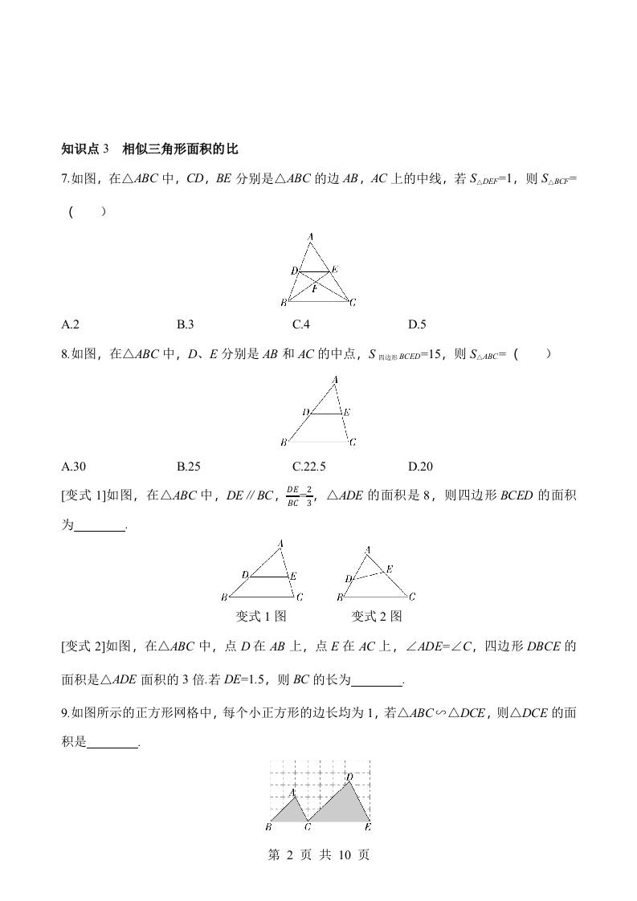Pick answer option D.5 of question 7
417,324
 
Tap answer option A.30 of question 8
73,467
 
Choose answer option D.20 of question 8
420,467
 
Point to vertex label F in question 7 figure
315,287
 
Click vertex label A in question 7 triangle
310,236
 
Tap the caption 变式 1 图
260,616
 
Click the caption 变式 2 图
376,616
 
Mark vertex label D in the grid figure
349,777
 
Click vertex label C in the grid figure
308,826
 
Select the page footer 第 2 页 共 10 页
318,855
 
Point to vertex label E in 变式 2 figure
390,569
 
